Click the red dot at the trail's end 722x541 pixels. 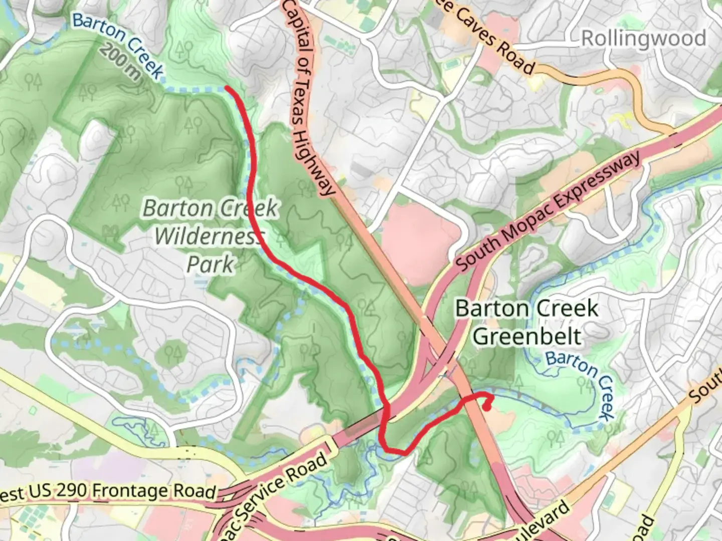point(486,407)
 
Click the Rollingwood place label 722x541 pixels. point(643,39)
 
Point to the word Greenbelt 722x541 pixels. point(527,336)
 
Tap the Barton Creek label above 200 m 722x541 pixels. point(118,44)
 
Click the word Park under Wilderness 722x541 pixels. point(211,264)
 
